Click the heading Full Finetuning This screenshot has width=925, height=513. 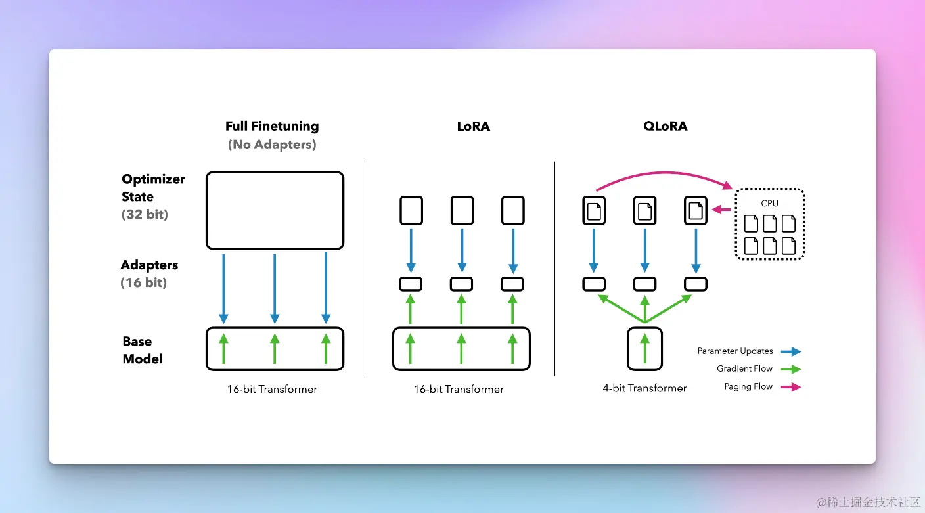[x=272, y=126]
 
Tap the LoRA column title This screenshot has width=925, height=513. [x=473, y=126]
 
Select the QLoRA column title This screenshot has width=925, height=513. [x=666, y=126]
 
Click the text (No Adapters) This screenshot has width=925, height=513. [x=272, y=145]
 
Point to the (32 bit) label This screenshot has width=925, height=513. [x=145, y=214]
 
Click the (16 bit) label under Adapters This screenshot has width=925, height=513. [x=143, y=282]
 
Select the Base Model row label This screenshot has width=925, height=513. [x=143, y=350]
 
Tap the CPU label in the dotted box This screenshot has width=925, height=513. [x=769, y=203]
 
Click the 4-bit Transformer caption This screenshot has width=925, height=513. [x=644, y=388]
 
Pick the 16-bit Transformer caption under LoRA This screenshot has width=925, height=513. [x=459, y=389]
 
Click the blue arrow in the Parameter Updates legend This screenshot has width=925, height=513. [x=791, y=351]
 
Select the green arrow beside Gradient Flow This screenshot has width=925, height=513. [x=791, y=369]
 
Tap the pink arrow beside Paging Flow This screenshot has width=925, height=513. [x=791, y=387]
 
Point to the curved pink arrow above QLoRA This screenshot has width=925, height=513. [x=664, y=173]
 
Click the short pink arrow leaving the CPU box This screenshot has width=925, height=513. [x=721, y=210]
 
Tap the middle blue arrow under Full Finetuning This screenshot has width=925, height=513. [x=275, y=289]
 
